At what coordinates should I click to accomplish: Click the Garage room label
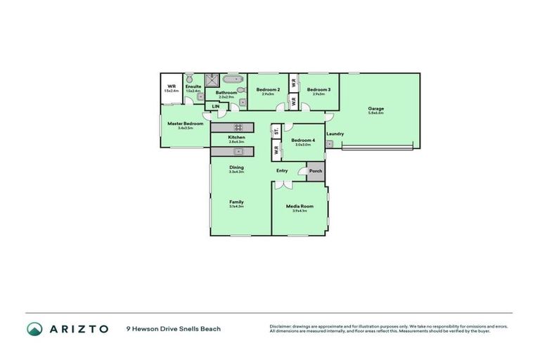376,108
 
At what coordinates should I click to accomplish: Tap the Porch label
316,171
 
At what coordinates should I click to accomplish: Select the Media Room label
299,205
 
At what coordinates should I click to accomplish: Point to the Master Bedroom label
185,123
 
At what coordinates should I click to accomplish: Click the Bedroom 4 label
304,139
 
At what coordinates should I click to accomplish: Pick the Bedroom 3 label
319,89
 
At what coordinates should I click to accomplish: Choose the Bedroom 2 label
268,89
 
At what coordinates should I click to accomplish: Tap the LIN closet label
216,106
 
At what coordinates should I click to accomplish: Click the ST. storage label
276,131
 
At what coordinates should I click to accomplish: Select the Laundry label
335,134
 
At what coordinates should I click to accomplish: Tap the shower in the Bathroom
212,82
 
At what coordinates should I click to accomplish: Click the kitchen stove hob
238,127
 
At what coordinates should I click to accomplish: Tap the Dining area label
236,167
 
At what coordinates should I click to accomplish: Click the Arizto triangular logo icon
34,328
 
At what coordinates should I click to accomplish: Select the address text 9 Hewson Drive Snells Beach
173,328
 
